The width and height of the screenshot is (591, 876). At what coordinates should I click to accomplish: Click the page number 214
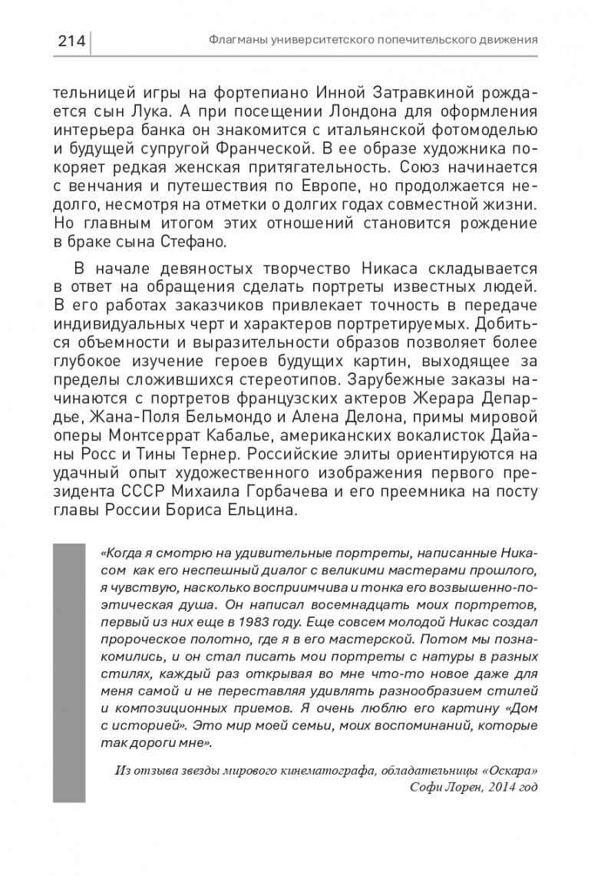click(x=71, y=39)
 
